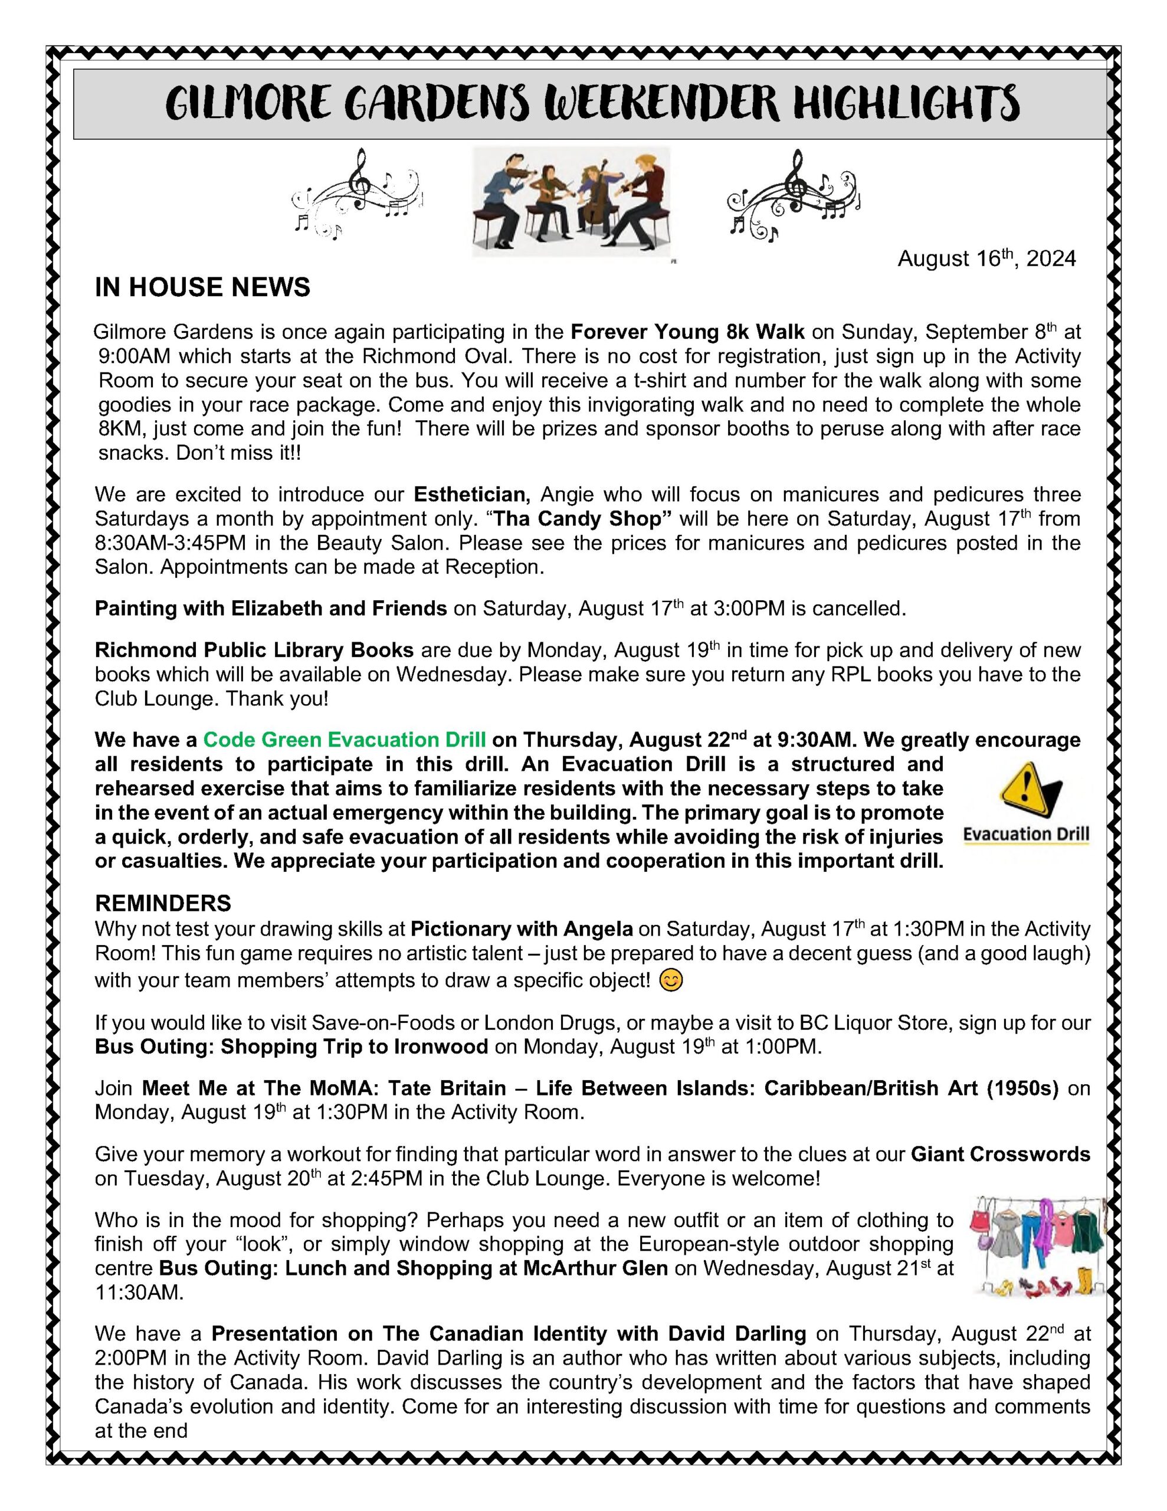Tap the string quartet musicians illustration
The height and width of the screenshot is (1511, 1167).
tap(571, 201)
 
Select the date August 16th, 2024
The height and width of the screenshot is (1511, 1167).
tap(986, 259)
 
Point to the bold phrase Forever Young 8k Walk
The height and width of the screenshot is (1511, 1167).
tap(687, 332)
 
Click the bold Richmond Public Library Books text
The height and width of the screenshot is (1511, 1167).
tap(254, 650)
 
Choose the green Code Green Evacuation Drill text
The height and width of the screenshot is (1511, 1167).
tap(344, 740)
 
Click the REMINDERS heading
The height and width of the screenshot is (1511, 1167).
tap(163, 903)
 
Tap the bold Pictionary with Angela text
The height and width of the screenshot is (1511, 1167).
tap(521, 928)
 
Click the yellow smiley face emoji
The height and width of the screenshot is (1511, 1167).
tap(670, 980)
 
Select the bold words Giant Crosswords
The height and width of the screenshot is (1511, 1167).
tap(999, 1154)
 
